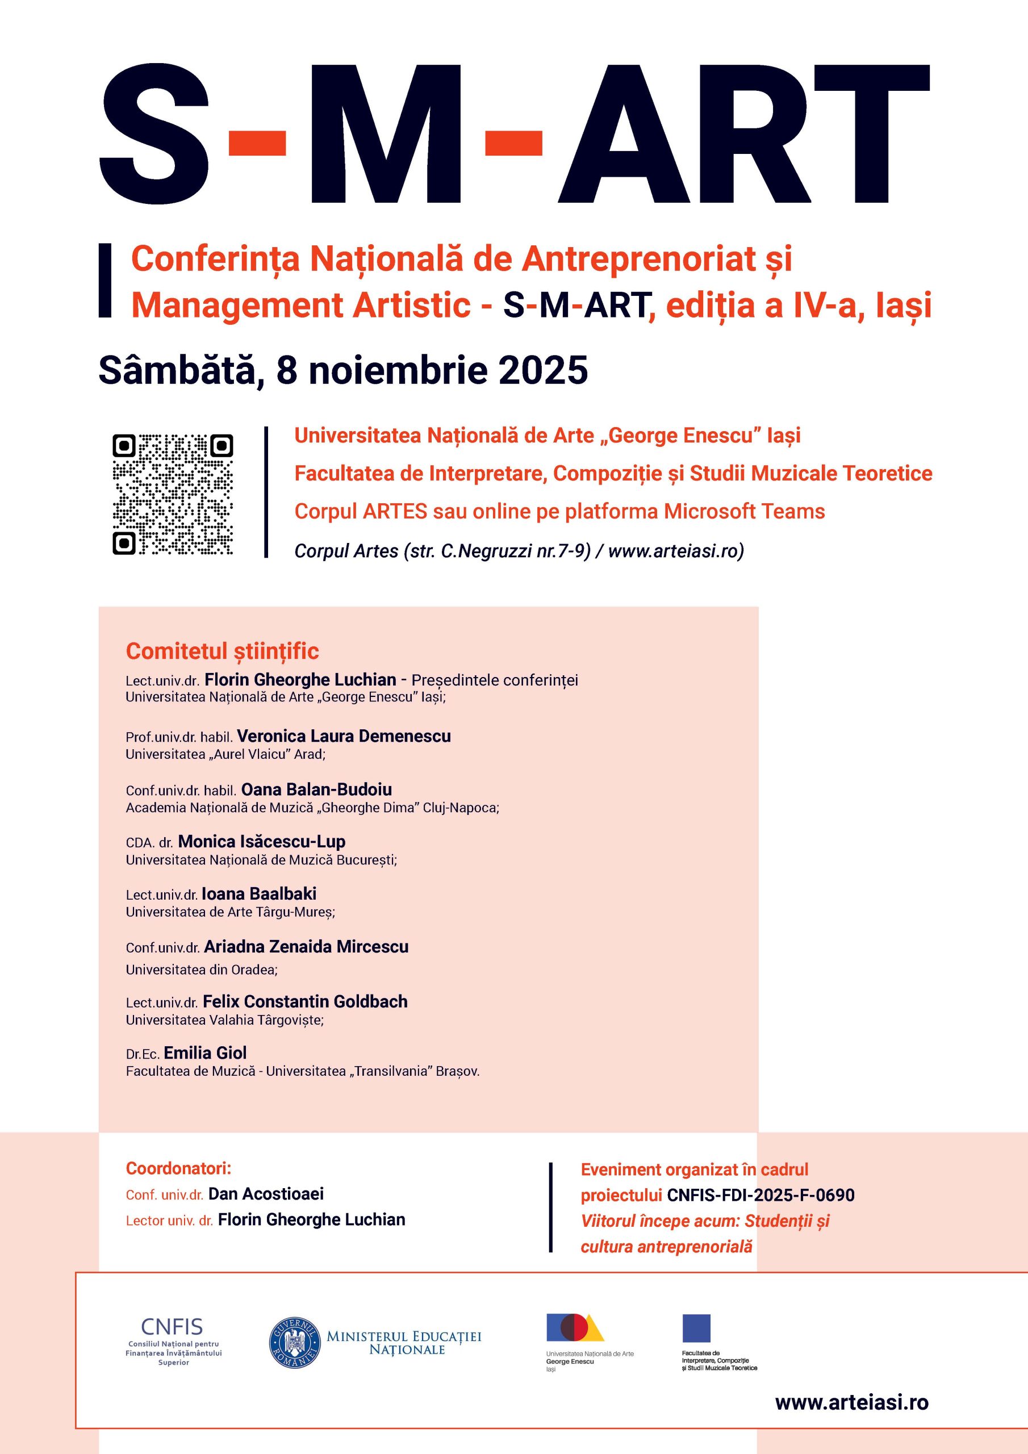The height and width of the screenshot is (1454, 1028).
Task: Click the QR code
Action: pyautogui.click(x=172, y=495)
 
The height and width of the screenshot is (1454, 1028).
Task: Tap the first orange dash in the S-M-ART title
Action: pyautogui.click(x=257, y=143)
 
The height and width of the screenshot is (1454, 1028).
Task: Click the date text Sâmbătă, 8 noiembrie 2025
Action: pyautogui.click(x=342, y=370)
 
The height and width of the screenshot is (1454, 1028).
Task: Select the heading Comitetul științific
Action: pyautogui.click(x=222, y=651)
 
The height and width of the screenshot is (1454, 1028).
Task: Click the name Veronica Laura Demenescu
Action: pyautogui.click(x=344, y=736)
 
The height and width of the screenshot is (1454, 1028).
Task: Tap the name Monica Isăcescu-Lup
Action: pyautogui.click(x=262, y=842)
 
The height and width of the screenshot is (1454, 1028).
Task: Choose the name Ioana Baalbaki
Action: pyautogui.click(x=259, y=893)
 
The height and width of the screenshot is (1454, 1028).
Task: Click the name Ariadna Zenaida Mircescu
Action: pyautogui.click(x=306, y=947)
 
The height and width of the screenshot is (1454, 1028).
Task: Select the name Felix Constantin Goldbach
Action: pyautogui.click(x=306, y=1001)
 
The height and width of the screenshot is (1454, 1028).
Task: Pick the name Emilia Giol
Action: pyautogui.click(x=205, y=1052)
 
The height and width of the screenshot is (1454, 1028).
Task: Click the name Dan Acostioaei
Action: pyautogui.click(x=266, y=1194)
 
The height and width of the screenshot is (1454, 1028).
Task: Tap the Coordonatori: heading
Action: pyautogui.click(x=178, y=1168)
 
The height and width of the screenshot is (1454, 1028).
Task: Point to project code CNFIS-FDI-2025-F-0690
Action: pyautogui.click(x=760, y=1195)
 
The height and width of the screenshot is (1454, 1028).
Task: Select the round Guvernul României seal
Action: pyautogui.click(x=295, y=1343)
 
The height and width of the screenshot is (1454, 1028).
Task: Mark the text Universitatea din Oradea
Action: pyautogui.click(x=201, y=970)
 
